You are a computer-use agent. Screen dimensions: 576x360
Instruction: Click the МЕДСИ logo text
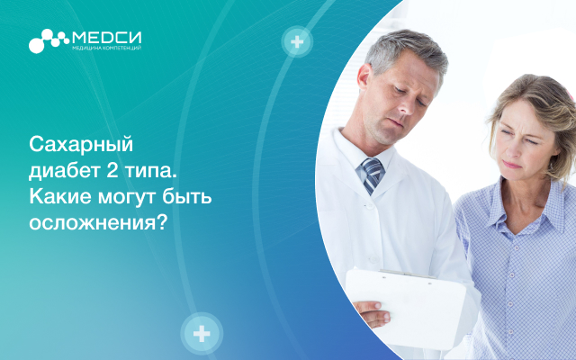click(x=107, y=37)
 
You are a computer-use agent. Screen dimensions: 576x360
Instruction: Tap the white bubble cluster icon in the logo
click(x=49, y=40)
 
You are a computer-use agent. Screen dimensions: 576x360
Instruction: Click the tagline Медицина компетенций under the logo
click(x=107, y=48)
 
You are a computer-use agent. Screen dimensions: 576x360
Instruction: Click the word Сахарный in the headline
click(x=81, y=145)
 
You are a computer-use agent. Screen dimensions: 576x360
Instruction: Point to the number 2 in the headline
click(x=112, y=170)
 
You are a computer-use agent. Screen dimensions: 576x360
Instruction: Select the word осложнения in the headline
click(x=98, y=223)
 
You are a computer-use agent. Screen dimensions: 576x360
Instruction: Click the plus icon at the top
click(x=297, y=41)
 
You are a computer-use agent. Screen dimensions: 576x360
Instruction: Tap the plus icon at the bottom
click(x=202, y=334)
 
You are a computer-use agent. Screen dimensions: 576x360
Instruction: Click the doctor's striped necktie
click(x=372, y=175)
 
